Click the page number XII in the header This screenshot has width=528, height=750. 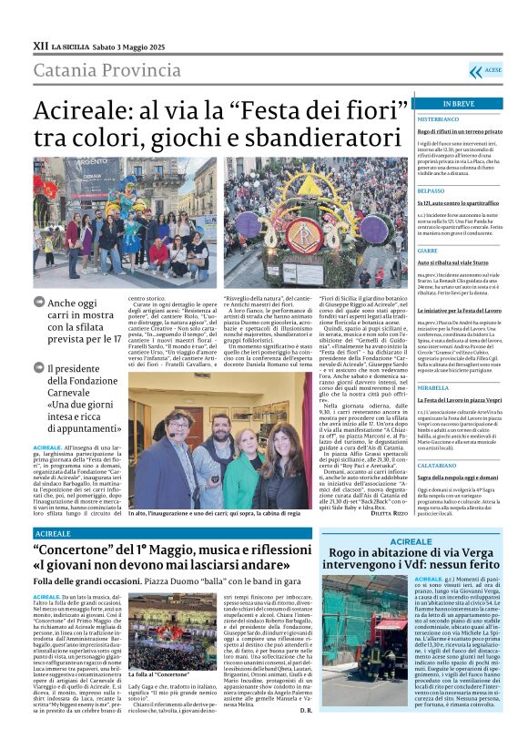(x=40, y=45)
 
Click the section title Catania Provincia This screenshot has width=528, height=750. (x=94, y=70)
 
